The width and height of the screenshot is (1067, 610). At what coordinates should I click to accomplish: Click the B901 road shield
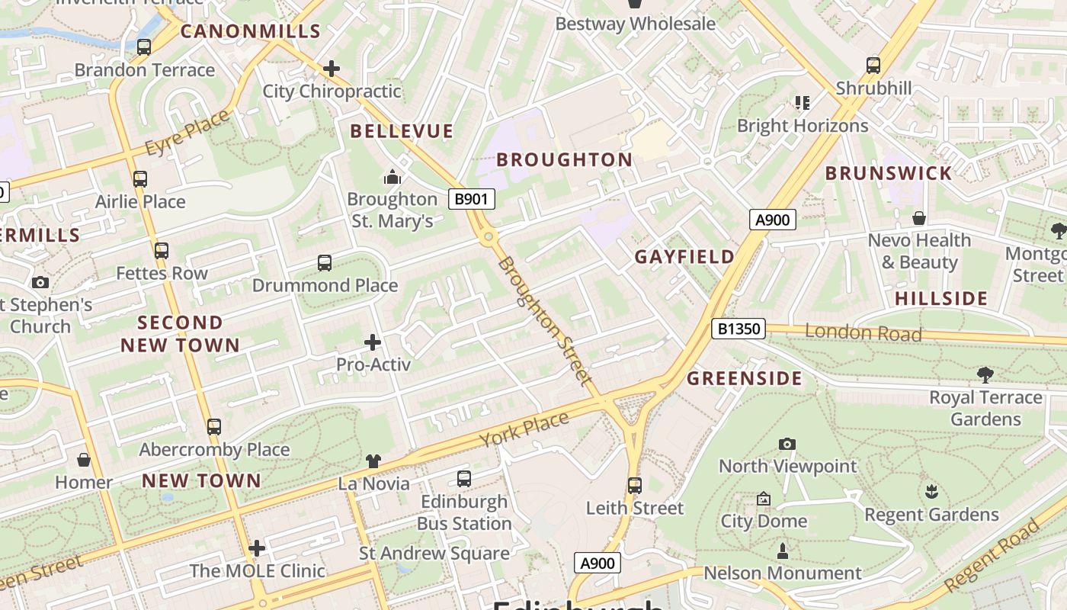pyautogui.click(x=471, y=199)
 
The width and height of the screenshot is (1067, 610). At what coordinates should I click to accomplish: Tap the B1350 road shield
pyautogui.click(x=737, y=329)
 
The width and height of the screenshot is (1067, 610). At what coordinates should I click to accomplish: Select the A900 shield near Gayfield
pyautogui.click(x=772, y=220)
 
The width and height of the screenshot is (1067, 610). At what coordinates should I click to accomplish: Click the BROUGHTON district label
pyautogui.click(x=564, y=159)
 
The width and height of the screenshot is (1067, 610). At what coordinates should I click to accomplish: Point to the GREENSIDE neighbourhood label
pyautogui.click(x=745, y=378)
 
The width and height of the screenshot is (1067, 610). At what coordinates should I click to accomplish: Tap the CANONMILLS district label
pyautogui.click(x=251, y=31)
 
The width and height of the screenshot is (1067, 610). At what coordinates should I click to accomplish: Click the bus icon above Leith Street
pyautogui.click(x=634, y=485)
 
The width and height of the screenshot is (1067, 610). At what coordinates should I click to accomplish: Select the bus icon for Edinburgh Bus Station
pyautogui.click(x=463, y=479)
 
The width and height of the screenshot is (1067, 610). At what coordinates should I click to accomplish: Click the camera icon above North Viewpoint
pyautogui.click(x=787, y=444)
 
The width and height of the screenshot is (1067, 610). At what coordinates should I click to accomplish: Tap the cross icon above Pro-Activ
pyautogui.click(x=373, y=342)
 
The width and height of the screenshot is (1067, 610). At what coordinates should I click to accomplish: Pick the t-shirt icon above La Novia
pyautogui.click(x=373, y=461)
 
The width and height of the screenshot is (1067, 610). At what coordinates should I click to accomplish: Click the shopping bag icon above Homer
pyautogui.click(x=84, y=460)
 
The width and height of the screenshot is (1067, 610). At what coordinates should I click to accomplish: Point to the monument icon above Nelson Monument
pyautogui.click(x=782, y=551)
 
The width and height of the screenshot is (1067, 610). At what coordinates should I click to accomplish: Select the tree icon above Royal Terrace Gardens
pyautogui.click(x=985, y=374)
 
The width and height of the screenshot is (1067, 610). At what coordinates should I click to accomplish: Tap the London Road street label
pyautogui.click(x=863, y=332)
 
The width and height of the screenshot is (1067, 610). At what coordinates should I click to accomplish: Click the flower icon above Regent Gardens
pyautogui.click(x=931, y=492)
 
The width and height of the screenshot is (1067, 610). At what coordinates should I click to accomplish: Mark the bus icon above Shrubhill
pyautogui.click(x=873, y=66)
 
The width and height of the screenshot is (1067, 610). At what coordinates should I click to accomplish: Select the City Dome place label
pyautogui.click(x=764, y=521)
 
